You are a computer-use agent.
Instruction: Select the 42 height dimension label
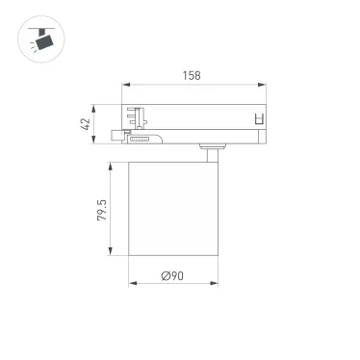pos(86,124)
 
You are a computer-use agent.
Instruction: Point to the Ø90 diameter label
pos(173,277)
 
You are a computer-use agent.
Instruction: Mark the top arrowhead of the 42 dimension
pos(94,105)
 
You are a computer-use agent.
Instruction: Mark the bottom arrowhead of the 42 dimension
pos(94,146)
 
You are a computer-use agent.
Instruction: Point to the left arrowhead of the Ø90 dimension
pos(131,286)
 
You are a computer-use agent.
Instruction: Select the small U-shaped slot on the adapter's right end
pos(258,120)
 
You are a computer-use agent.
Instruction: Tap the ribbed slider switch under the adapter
pos(141,141)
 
